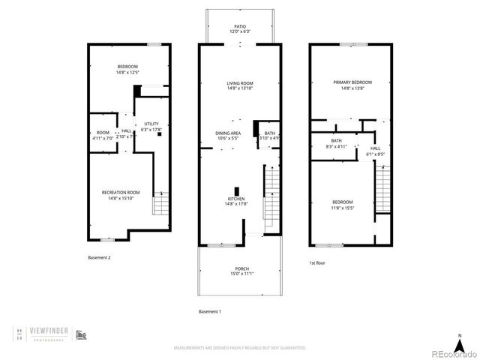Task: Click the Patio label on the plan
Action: pyautogui.click(x=240, y=28)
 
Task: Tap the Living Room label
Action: pyautogui.click(x=240, y=86)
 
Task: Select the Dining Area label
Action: pyautogui.click(x=228, y=136)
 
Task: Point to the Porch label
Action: pyautogui.click(x=241, y=271)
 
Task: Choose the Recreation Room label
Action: pyautogui.click(x=121, y=195)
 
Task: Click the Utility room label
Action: pyautogui.click(x=151, y=127)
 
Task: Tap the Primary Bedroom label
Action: pyautogui.click(x=352, y=85)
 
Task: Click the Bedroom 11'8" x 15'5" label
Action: pyautogui.click(x=342, y=205)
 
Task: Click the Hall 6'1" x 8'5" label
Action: pyautogui.click(x=375, y=151)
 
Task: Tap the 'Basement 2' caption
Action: pyautogui.click(x=99, y=257)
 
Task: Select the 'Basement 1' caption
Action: pyautogui.click(x=211, y=311)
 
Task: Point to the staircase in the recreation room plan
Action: pyautogui.click(x=160, y=204)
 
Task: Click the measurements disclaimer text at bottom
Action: pyautogui.click(x=240, y=348)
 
